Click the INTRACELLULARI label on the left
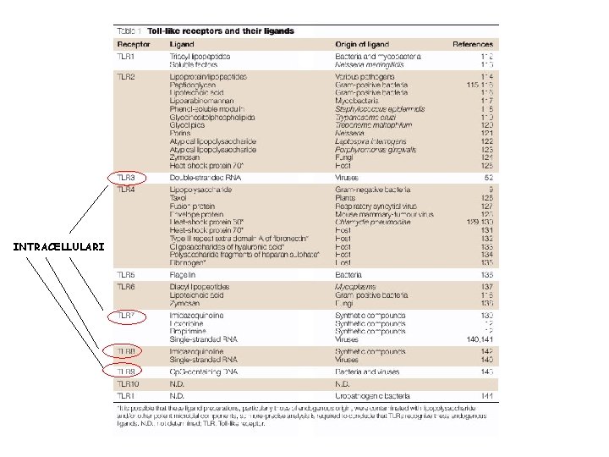click(x=59, y=247)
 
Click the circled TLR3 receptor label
click(x=127, y=179)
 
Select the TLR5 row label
click(x=126, y=275)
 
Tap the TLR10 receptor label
click(x=129, y=383)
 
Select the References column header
click(x=474, y=43)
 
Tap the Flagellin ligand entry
click(x=184, y=275)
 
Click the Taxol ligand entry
click(x=178, y=198)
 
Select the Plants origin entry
click(x=345, y=198)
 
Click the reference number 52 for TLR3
click(x=488, y=179)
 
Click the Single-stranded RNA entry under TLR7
click(x=204, y=337)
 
